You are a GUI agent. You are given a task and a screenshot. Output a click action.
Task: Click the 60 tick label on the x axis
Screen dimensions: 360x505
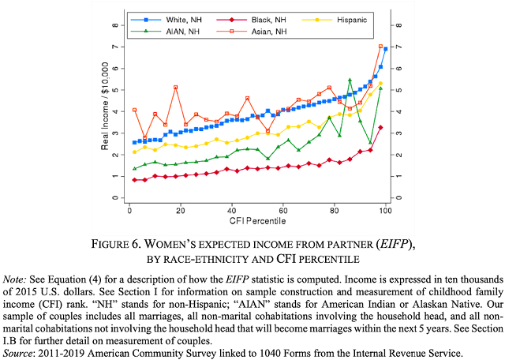coord(283,212)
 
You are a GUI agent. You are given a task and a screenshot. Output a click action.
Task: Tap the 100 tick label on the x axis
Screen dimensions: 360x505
coord(386,212)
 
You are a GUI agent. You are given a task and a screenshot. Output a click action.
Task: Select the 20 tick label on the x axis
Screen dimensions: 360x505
coord(180,212)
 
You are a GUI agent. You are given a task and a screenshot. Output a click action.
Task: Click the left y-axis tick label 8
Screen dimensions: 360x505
coord(114,25)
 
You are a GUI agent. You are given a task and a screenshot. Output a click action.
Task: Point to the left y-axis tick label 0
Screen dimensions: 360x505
coord(114,197)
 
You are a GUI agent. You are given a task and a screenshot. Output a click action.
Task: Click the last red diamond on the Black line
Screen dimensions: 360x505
coord(381,127)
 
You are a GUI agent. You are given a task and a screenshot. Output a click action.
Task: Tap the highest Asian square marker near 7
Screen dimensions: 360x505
coord(381,47)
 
